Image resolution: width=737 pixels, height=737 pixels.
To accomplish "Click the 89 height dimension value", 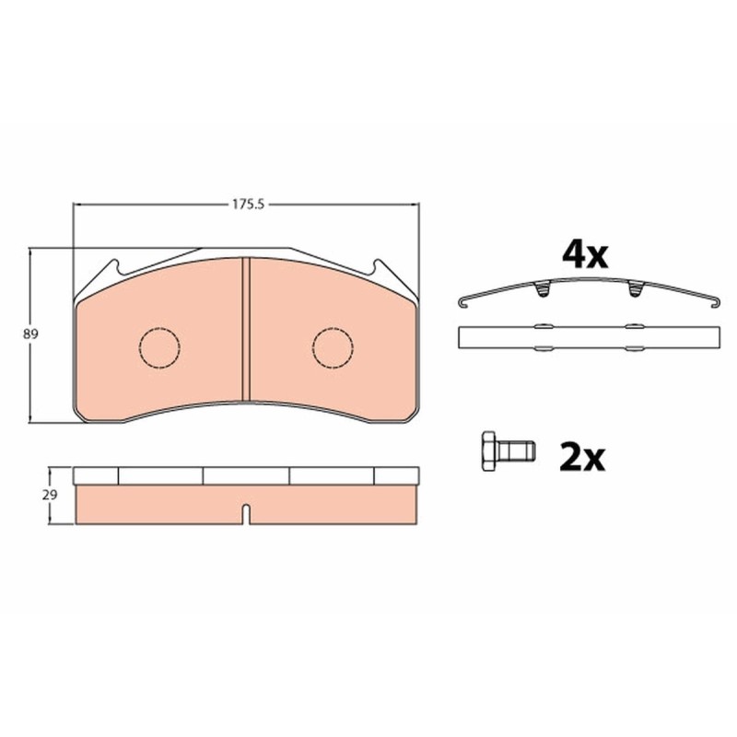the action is (x=31, y=334).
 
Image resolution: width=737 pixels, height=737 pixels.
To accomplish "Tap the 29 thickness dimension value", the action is (x=50, y=495).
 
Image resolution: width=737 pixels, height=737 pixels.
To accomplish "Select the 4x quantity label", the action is (x=585, y=255).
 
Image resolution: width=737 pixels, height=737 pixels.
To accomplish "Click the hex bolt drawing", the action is (x=509, y=450).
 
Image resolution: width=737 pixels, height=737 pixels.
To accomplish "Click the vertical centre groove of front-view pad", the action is (x=245, y=329).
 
